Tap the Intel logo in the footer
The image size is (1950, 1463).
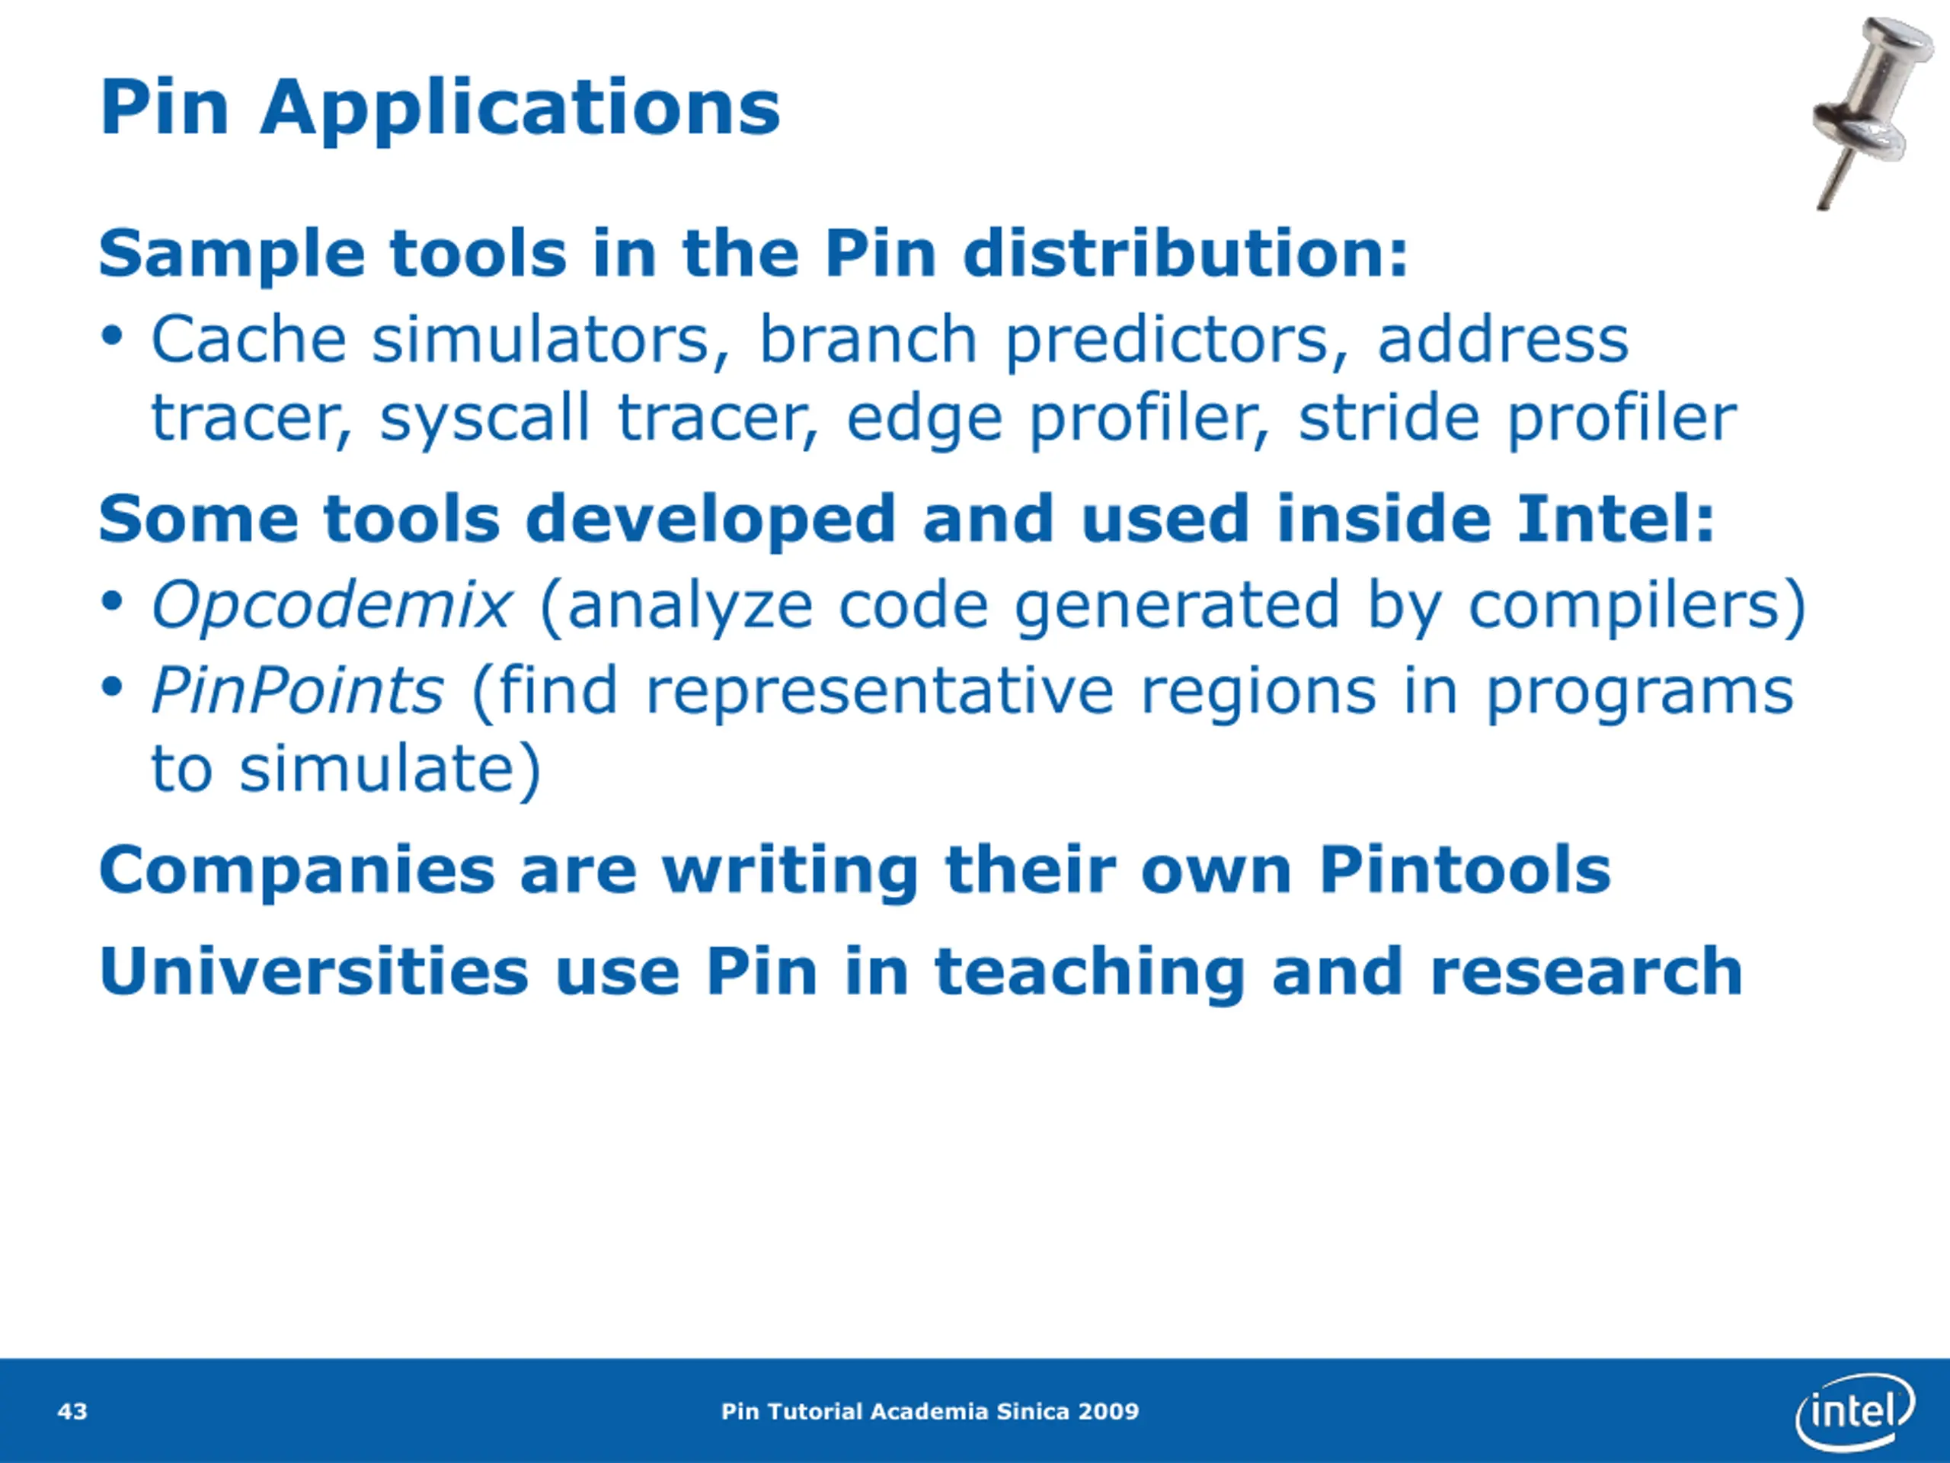pyautogui.click(x=1855, y=1412)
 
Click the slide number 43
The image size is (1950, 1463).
pyautogui.click(x=72, y=1412)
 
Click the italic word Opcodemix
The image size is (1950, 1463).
pyautogui.click(x=331, y=605)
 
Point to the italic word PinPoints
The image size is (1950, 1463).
pyautogui.click(x=298, y=690)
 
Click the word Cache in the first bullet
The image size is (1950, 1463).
pyautogui.click(x=250, y=340)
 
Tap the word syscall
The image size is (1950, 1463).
pyautogui.click(x=484, y=419)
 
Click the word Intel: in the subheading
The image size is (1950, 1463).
pyautogui.click(x=1616, y=519)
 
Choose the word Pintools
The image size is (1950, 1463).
pyautogui.click(x=1465, y=869)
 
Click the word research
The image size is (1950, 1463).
pyautogui.click(x=1587, y=972)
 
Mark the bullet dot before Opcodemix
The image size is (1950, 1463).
pyautogui.click(x=111, y=603)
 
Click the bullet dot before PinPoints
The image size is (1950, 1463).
pyautogui.click(x=111, y=687)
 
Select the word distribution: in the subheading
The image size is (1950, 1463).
pyautogui.click(x=1186, y=254)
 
